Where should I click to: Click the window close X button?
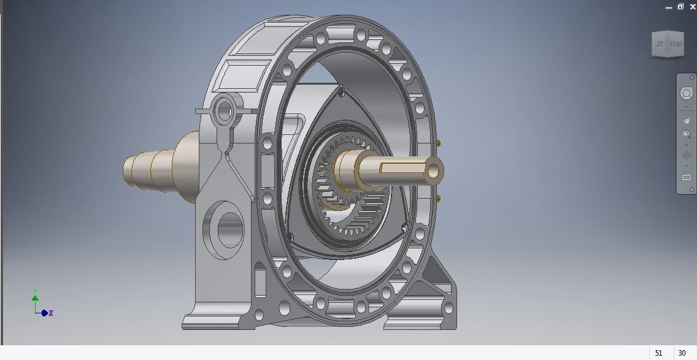[x=693, y=7]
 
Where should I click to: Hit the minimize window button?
[x=668, y=7]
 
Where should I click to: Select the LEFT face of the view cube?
[x=659, y=44]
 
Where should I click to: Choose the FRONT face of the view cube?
[x=676, y=44]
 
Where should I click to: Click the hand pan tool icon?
[x=687, y=119]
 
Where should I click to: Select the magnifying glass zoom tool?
[x=687, y=135]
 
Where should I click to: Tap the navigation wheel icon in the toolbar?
[x=687, y=94]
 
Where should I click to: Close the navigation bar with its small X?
[x=692, y=77]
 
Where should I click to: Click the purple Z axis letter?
[x=51, y=313]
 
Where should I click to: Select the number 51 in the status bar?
[x=659, y=353]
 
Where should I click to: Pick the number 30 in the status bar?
[x=682, y=353]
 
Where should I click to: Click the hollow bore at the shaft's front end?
[x=434, y=171]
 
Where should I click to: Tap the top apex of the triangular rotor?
[x=341, y=91]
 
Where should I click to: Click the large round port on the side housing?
[x=227, y=229]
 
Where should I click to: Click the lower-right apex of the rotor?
[x=404, y=228]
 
